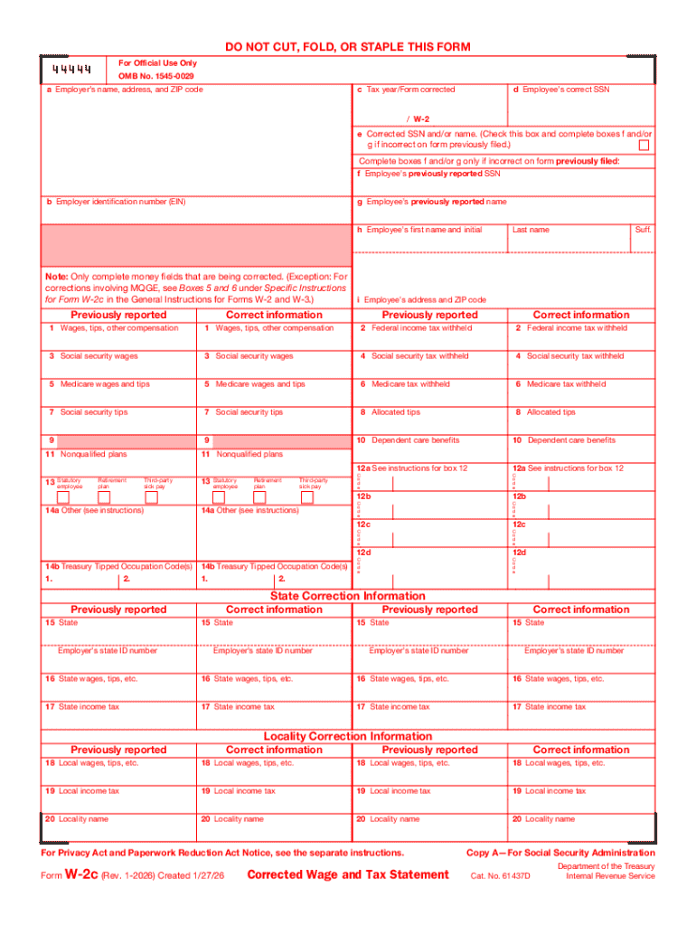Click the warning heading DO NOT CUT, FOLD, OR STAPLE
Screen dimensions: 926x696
click(347, 47)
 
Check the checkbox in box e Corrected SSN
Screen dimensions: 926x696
click(644, 145)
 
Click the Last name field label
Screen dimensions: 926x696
click(531, 230)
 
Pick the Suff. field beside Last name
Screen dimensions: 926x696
click(643, 230)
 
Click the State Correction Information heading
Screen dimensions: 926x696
click(348, 596)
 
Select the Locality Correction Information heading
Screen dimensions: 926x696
click(348, 736)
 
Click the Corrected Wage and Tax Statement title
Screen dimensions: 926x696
click(348, 874)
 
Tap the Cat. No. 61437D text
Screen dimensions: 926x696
click(502, 876)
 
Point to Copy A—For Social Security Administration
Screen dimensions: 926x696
click(560, 853)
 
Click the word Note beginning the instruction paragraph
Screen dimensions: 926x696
click(56, 276)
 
